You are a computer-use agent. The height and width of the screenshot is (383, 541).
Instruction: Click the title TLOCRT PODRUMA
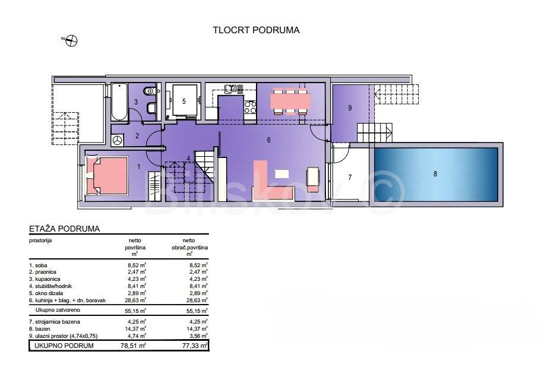[x=256, y=30]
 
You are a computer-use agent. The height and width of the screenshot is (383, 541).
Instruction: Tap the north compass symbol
[x=71, y=41]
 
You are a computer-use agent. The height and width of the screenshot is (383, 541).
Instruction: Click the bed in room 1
[x=107, y=176]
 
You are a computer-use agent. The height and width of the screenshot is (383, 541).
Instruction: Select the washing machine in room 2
[x=118, y=140]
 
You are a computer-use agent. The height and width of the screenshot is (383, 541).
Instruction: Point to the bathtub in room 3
[x=119, y=102]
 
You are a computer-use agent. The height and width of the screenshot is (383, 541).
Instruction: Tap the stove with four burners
[x=250, y=107]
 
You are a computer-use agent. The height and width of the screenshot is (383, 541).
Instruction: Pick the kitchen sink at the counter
[x=230, y=89]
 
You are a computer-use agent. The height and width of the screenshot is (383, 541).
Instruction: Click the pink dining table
[x=290, y=101]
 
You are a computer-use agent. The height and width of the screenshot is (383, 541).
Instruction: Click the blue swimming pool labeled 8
[x=436, y=175]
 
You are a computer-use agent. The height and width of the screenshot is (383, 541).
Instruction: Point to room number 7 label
[x=350, y=178]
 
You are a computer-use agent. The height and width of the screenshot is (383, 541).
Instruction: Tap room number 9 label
[x=350, y=108]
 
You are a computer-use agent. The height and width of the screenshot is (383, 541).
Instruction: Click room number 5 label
[x=184, y=102]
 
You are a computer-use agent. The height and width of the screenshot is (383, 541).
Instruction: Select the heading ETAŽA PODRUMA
[x=65, y=229]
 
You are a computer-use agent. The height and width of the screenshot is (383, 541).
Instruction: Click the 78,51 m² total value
[x=133, y=346]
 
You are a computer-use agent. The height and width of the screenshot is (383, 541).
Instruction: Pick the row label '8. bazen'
[x=40, y=329]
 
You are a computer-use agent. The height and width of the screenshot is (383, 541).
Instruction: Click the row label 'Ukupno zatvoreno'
[x=58, y=310]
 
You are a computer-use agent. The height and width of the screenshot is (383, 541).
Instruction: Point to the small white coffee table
[x=282, y=173]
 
